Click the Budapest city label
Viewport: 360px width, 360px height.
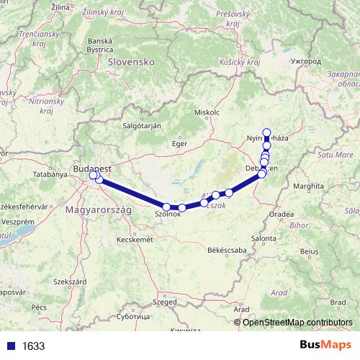[92, 168]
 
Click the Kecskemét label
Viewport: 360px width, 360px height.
[135, 239]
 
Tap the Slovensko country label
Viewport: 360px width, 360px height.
[132, 62]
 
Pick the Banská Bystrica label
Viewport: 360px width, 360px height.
[100, 45]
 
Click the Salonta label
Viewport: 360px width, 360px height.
[264, 238]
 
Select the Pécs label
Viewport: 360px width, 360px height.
[40, 307]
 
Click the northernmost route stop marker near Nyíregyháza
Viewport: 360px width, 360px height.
[267, 132]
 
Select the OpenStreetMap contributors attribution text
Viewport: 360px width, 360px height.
[297, 323]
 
